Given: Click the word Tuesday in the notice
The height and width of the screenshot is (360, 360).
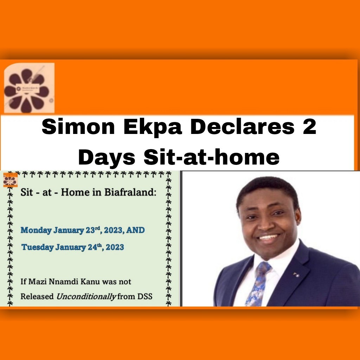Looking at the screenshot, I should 37,247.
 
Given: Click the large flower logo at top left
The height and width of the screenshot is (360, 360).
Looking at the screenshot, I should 30,88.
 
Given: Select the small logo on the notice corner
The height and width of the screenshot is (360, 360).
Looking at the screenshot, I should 10,180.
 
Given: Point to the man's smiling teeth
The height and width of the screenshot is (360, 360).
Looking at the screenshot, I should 268,237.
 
